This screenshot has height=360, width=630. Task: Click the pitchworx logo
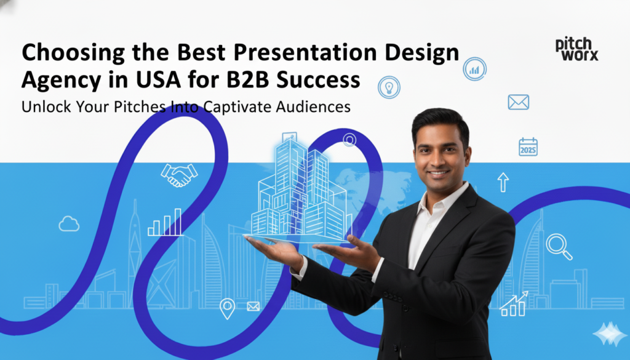point(576,49)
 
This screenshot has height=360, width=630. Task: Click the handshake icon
point(179,175)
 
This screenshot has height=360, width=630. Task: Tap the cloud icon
point(69,225)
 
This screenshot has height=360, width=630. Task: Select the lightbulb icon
point(388,86)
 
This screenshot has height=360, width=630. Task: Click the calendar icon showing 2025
point(528,146)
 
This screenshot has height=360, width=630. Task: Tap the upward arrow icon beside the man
point(503,182)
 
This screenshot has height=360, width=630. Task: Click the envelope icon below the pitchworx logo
point(519,102)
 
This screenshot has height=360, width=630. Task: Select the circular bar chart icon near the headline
point(474,69)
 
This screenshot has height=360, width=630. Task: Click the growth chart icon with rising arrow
point(514,303)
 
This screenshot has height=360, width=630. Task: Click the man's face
point(441,150)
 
